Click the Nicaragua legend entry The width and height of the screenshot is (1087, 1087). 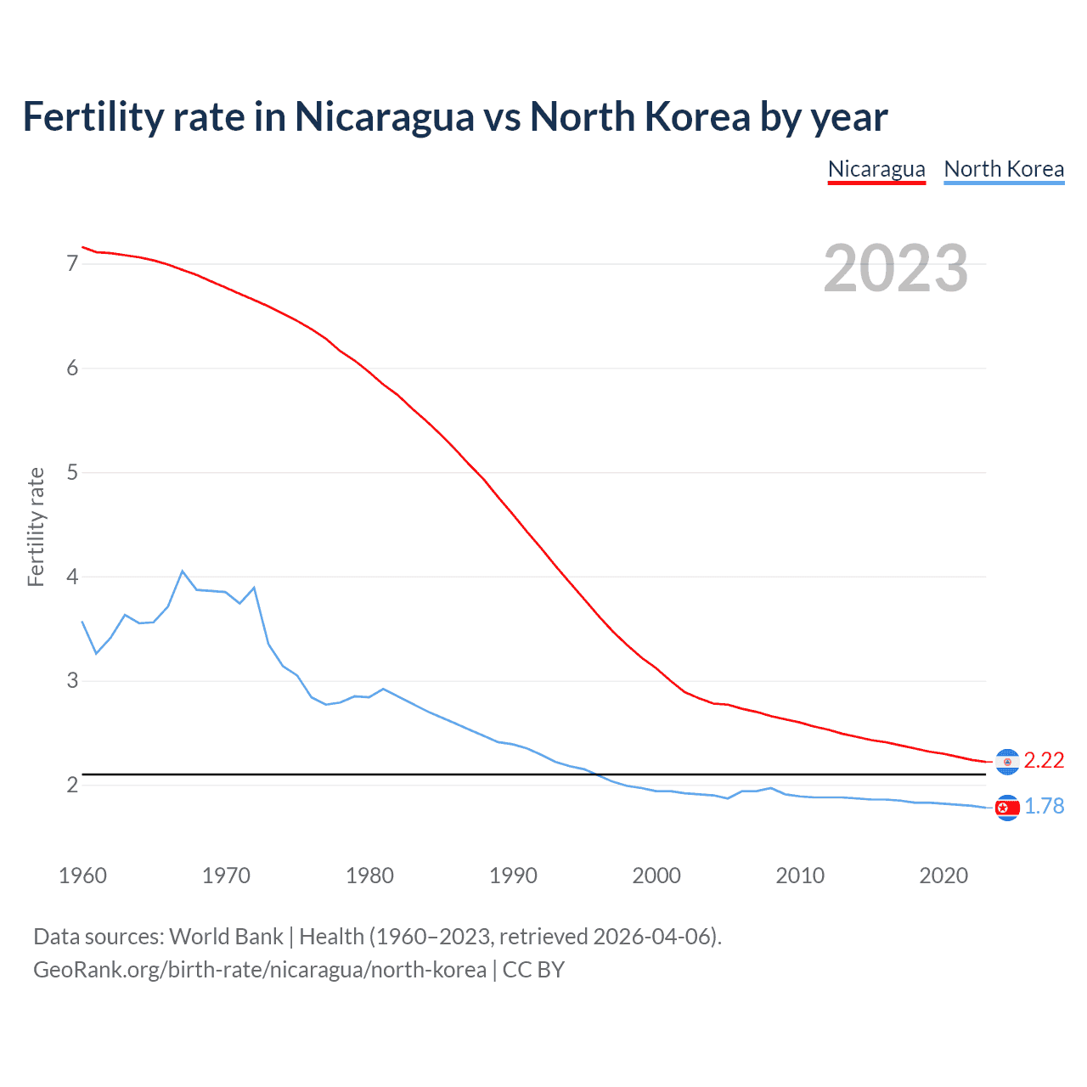[x=876, y=169]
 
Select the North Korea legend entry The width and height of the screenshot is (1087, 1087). [x=1004, y=169]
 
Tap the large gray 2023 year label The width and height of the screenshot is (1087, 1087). [x=895, y=268]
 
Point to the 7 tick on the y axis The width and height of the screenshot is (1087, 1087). [x=72, y=264]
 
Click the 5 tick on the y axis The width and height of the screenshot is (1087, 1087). [x=72, y=472]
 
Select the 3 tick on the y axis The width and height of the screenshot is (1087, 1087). [x=72, y=681]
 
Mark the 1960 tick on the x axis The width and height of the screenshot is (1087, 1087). [x=82, y=876]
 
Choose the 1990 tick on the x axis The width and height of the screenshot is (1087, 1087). [x=513, y=876]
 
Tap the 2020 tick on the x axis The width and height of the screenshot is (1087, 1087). [x=943, y=876]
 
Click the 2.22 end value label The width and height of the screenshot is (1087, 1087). [x=1044, y=761]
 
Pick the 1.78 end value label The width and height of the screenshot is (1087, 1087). [x=1044, y=807]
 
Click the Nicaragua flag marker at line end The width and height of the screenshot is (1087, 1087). [x=1007, y=762]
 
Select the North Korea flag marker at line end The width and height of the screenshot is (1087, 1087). [x=1007, y=808]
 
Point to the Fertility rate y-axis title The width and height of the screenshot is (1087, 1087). [x=36, y=527]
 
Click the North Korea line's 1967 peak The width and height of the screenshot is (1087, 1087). [x=183, y=572]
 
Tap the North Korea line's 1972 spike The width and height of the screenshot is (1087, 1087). [x=254, y=588]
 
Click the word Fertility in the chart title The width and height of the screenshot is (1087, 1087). [x=93, y=117]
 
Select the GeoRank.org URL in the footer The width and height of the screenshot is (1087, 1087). [x=260, y=970]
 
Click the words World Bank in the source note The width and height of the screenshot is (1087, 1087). [x=226, y=937]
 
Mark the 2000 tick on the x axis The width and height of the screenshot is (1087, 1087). [x=656, y=876]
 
